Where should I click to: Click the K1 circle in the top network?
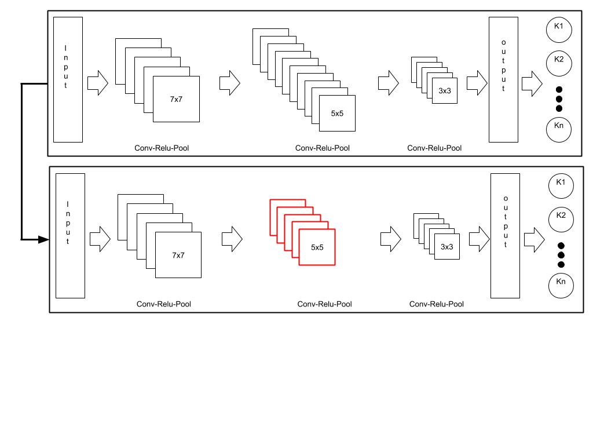(x=559, y=29)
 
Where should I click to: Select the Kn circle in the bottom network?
(x=561, y=284)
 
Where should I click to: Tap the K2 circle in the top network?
(x=559, y=62)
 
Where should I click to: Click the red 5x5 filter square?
(x=317, y=247)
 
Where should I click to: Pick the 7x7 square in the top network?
(x=176, y=100)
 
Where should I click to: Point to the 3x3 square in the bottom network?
(x=446, y=247)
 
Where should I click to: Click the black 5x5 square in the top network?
(x=337, y=114)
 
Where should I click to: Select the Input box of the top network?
(x=68, y=79)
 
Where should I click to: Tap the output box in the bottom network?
(x=505, y=235)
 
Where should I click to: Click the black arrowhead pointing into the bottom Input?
(x=43, y=239)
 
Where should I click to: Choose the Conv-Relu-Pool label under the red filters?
(x=324, y=304)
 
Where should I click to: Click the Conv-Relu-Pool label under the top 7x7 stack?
(x=162, y=148)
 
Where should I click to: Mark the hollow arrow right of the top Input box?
(x=98, y=83)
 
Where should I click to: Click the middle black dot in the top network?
(x=559, y=99)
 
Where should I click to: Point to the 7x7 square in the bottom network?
(x=178, y=255)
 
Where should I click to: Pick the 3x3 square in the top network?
(x=445, y=91)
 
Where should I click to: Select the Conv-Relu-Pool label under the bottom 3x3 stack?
(x=436, y=304)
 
